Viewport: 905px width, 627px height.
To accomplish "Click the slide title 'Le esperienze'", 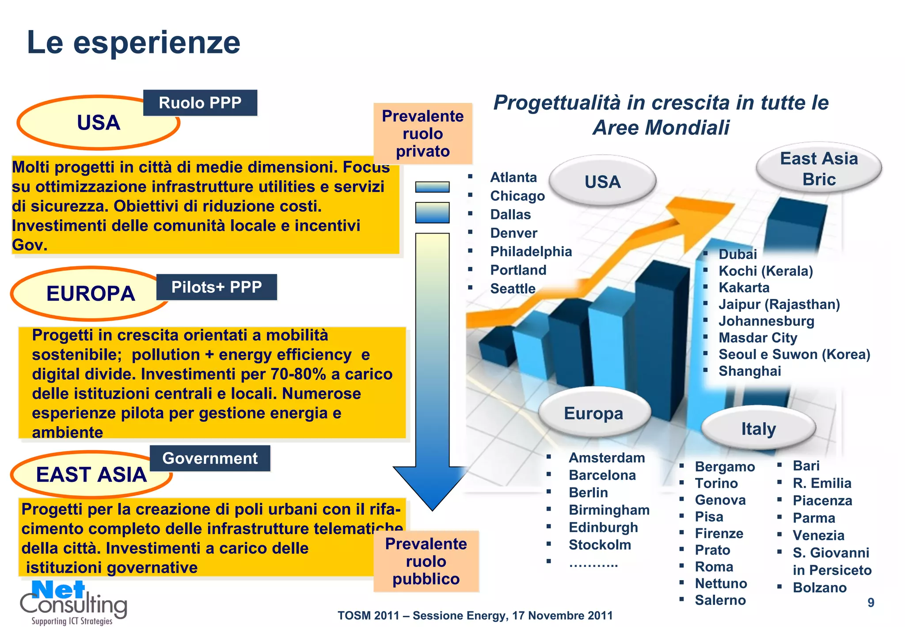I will click(x=133, y=43).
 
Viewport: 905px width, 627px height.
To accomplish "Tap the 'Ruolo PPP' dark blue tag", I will click(x=200, y=103).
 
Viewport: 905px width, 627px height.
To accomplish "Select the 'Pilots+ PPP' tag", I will click(x=217, y=287).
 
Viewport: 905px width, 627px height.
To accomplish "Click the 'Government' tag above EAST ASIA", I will click(x=210, y=459).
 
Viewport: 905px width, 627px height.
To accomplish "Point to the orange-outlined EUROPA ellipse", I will click(x=88, y=294).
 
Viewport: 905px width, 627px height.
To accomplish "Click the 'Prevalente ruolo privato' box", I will click(x=423, y=134).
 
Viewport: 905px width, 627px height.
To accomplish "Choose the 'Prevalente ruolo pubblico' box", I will click(x=426, y=561).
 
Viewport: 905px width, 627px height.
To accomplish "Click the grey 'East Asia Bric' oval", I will click(x=819, y=169).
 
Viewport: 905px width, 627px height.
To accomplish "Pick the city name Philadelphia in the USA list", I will click(x=531, y=252).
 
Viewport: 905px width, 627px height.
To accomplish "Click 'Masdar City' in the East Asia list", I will click(x=758, y=338).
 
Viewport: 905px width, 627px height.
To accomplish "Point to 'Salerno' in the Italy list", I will click(x=720, y=600).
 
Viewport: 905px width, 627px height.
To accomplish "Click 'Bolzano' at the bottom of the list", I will click(x=820, y=588).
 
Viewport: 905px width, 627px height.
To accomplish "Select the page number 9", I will click(x=871, y=603).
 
